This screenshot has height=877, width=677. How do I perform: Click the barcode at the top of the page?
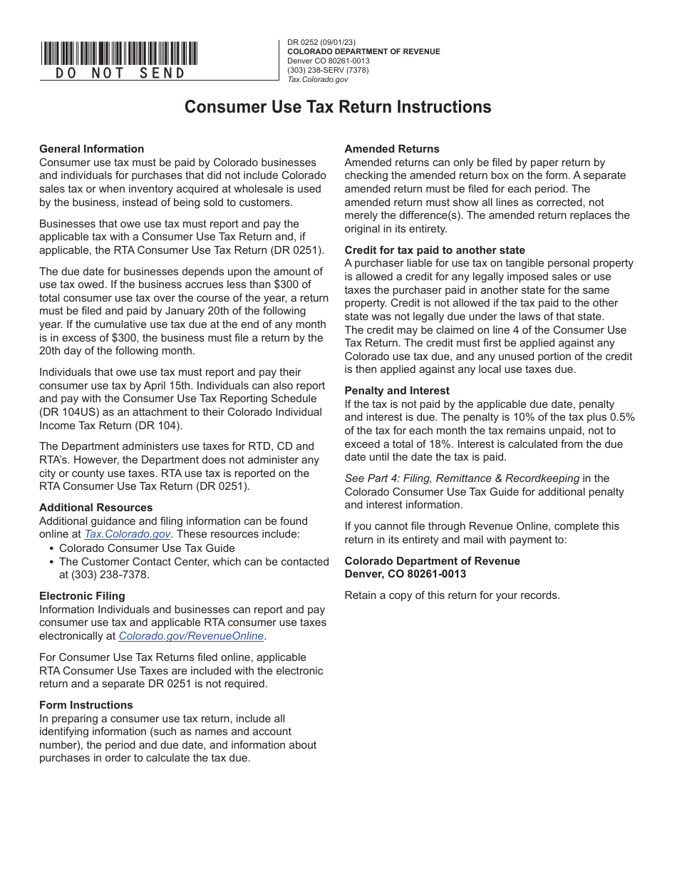click(x=119, y=53)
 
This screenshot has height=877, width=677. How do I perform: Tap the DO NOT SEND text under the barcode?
click(x=120, y=73)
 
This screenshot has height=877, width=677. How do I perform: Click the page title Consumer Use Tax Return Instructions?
click(x=338, y=107)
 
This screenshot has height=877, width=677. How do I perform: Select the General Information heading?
click(x=91, y=149)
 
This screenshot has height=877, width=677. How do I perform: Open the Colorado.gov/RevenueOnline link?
click(x=191, y=636)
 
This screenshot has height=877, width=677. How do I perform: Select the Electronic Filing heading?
click(x=82, y=596)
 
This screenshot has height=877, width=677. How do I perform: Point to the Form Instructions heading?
click(x=86, y=705)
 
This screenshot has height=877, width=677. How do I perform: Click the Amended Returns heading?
click(x=392, y=149)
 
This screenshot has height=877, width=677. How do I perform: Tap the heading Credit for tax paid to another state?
click(x=435, y=250)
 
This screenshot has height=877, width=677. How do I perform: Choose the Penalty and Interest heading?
click(x=397, y=391)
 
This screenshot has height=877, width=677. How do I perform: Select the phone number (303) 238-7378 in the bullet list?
click(x=104, y=575)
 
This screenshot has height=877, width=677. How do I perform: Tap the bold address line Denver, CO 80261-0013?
click(x=405, y=574)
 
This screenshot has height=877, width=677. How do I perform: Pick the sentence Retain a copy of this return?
click(x=452, y=595)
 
